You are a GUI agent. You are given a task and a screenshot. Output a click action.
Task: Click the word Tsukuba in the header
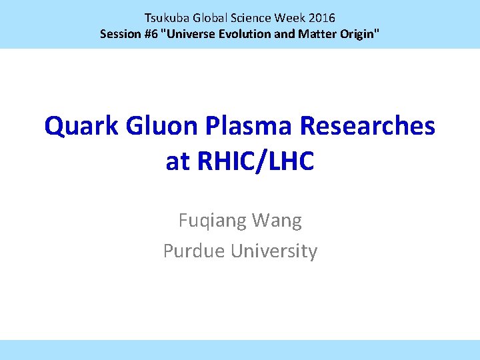click(167, 18)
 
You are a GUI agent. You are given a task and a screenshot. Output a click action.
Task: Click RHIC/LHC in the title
click(255, 161)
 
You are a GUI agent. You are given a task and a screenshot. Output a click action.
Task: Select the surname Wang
click(278, 221)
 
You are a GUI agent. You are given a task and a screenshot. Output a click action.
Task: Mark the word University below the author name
click(274, 251)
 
